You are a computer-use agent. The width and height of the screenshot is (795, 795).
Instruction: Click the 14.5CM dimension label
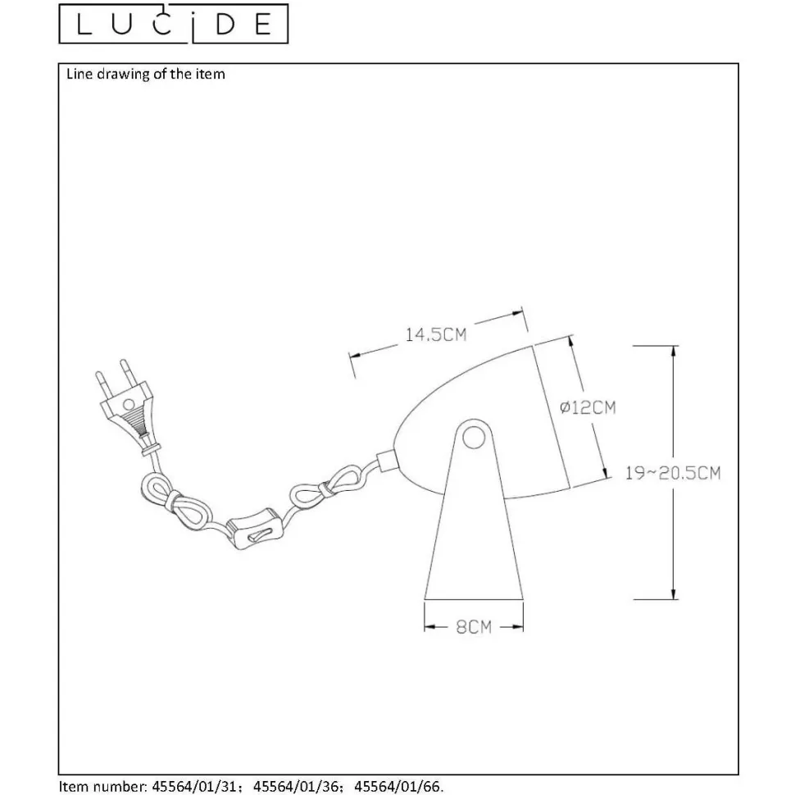pos(435,334)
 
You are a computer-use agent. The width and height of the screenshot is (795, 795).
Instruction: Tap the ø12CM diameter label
pos(588,407)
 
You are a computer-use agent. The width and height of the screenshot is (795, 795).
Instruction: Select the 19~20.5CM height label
pos(672,473)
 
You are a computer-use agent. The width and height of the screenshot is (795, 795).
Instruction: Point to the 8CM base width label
pos(474,627)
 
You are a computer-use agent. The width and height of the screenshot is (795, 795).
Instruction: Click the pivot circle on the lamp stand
pos(474,438)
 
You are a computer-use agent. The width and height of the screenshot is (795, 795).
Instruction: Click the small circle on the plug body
pos(129,405)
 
